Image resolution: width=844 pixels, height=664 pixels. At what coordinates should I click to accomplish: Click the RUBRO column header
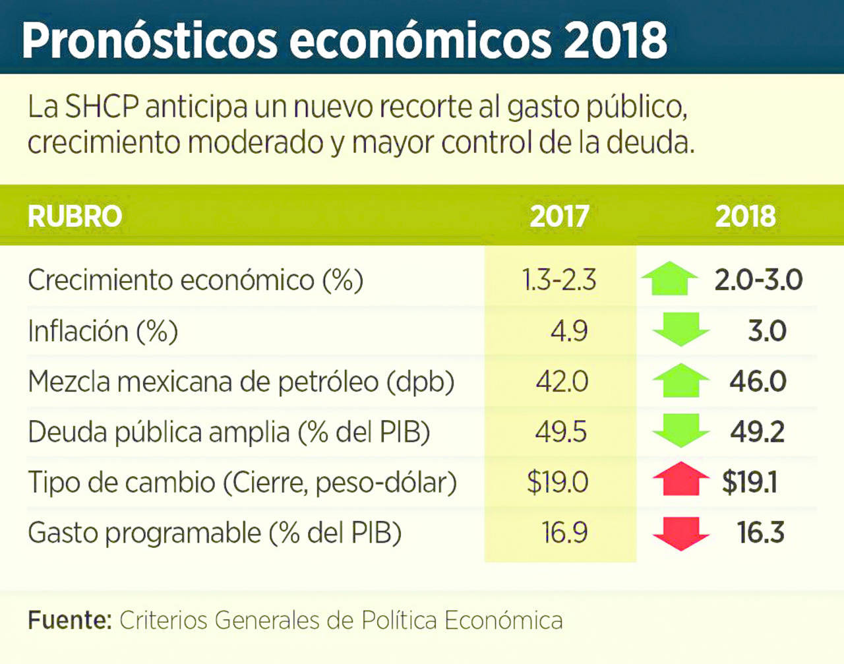point(75,216)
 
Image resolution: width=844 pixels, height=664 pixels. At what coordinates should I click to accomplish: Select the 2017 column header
point(559,216)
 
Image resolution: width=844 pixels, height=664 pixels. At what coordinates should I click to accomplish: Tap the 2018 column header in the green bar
point(745,216)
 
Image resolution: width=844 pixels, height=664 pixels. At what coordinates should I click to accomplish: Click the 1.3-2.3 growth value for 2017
point(559,280)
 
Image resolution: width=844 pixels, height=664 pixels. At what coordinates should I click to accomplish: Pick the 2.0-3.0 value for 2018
point(758,280)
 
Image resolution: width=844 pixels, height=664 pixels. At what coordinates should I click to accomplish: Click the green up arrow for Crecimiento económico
point(670,279)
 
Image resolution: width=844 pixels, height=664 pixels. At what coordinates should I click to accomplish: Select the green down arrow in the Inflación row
point(680,329)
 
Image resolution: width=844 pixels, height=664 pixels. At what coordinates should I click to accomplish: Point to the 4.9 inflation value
point(569,330)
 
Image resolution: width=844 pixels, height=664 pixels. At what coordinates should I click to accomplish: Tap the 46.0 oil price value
point(758,381)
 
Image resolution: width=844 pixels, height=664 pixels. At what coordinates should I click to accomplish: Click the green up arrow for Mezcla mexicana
point(680,380)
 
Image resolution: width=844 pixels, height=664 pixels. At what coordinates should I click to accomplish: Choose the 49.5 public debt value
point(560,432)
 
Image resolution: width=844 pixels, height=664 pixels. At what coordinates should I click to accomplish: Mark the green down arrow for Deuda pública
point(680,431)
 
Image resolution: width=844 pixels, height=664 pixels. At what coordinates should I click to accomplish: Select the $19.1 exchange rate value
point(750,482)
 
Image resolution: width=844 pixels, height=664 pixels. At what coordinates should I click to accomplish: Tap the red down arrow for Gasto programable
point(680,533)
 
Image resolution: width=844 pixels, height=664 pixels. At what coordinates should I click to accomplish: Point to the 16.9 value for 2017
point(564,533)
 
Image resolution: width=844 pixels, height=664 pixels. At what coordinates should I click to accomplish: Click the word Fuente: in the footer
point(69,620)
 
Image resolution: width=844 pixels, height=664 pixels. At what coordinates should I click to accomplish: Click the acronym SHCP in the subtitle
point(102,107)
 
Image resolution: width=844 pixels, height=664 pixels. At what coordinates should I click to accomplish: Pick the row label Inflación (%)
point(103,330)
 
